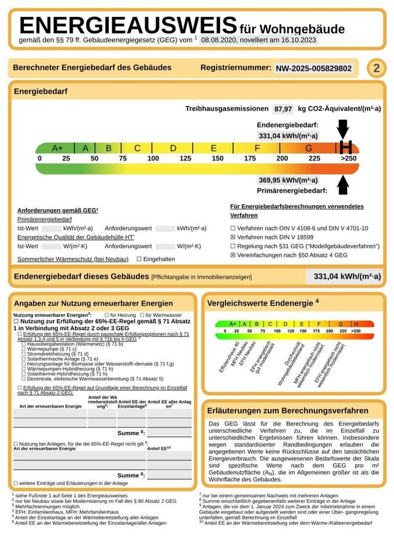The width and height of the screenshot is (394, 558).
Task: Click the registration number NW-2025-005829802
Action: pos(314,68)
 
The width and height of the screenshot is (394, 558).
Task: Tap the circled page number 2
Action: pos(376,68)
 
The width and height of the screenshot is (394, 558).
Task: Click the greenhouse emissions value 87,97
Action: pos(284,109)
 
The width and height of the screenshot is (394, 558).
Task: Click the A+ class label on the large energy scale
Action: pos(58,148)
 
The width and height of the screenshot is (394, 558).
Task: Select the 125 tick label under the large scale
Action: pos(185,159)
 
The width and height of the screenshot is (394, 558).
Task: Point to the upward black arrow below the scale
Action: pos(343,184)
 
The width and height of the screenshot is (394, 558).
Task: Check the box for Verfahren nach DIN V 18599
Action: pos(233,237)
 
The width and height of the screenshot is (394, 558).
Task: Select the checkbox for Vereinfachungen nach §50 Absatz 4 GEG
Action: pos(233,255)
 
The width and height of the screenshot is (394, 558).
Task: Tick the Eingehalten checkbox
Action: pos(139,259)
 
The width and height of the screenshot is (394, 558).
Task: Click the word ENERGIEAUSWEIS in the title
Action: pos(128,26)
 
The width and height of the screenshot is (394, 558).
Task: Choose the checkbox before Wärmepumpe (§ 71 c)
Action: pos(23,349)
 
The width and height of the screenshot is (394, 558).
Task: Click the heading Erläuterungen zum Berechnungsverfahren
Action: pos(288,410)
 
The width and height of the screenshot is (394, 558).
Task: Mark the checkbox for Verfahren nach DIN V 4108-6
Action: pos(233,228)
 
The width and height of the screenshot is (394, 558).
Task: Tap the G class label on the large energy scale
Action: pos(309,148)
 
